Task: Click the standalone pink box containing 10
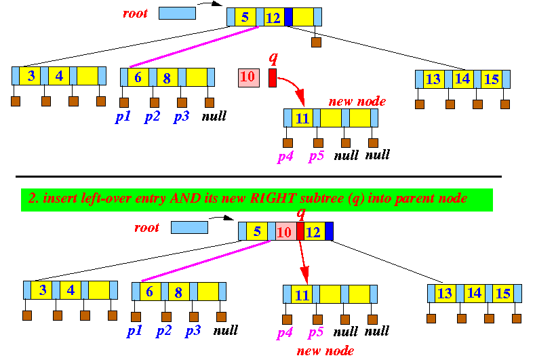(248, 77)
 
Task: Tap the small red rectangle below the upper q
(273, 77)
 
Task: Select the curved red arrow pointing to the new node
(292, 88)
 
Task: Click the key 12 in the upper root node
(273, 18)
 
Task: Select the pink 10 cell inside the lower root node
(285, 232)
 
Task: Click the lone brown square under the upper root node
(316, 43)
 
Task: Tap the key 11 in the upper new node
(302, 119)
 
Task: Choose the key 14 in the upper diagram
(462, 79)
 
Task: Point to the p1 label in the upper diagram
(123, 116)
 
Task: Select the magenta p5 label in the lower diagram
(316, 332)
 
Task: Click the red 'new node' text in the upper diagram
(357, 102)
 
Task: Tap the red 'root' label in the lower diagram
(147, 227)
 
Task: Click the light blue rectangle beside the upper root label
(176, 13)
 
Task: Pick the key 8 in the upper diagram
(166, 77)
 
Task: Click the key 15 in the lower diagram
(502, 294)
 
